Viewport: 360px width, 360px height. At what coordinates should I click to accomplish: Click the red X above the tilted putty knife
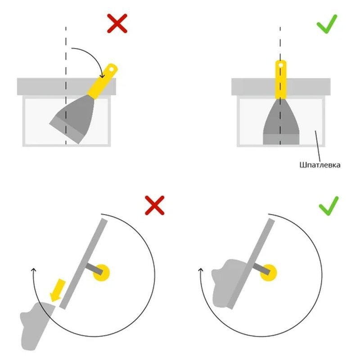coord(117,23)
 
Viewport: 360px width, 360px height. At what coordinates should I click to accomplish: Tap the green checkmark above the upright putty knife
coord(327,24)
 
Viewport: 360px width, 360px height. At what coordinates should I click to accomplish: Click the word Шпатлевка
coord(320,165)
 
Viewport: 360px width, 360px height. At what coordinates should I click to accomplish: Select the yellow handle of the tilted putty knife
coord(103,81)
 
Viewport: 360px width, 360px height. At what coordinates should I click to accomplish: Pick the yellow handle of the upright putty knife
coord(280,80)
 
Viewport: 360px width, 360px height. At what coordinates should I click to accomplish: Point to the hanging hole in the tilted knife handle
coord(111,69)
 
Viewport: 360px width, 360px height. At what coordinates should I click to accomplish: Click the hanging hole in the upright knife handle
coord(280,65)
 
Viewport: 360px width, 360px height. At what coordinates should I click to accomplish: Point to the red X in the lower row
coord(154,205)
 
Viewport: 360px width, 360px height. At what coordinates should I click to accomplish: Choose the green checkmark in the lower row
coord(328,206)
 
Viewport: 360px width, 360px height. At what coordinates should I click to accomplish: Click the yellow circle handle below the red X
coord(101,273)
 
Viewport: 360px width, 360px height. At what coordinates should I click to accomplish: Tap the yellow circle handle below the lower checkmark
coord(268,273)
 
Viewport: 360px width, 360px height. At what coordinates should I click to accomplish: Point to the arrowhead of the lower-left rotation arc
coord(33,270)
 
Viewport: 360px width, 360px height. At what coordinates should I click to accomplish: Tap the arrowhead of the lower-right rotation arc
coord(201,270)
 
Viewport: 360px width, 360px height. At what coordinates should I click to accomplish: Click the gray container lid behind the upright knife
coord(281,87)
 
